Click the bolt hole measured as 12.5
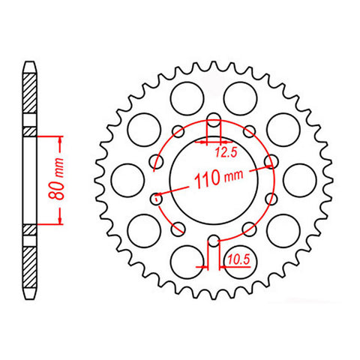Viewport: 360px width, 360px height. tap(213, 120)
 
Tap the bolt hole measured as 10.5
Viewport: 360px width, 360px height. tap(213, 241)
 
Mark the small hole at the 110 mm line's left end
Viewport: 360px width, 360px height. tap(157, 199)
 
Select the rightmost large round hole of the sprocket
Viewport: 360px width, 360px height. tap(301, 179)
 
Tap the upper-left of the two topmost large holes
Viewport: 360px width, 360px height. tap(184, 96)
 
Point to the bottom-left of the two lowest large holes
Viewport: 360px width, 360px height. tap(184, 263)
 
